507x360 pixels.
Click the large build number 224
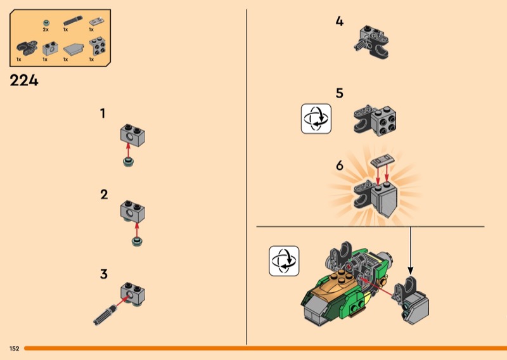point(24,80)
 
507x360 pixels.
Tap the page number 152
point(14,349)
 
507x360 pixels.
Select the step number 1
point(103,113)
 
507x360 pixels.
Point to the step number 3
point(103,274)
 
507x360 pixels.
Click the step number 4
point(339,22)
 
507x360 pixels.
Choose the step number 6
point(339,165)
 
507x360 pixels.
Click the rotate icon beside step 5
point(316,119)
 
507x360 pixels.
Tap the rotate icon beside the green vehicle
point(284,260)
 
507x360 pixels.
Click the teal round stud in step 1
point(129,162)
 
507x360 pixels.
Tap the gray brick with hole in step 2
point(132,211)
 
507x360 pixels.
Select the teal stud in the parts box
point(46,23)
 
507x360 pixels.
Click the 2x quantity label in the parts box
point(46,29)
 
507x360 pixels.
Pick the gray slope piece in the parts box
point(74,49)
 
